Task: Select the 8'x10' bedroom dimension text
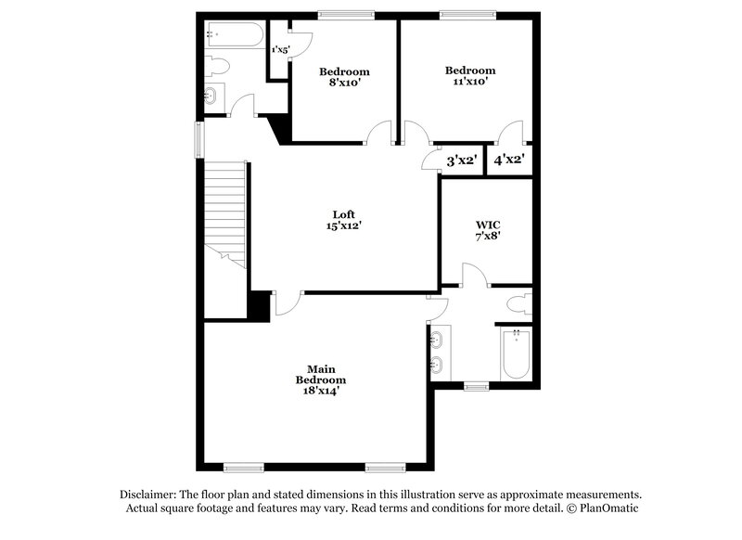(344, 82)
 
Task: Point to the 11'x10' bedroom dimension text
(468, 81)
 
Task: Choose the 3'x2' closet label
(462, 160)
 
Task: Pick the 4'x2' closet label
(509, 160)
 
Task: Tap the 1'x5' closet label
(279, 48)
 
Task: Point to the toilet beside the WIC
(520, 304)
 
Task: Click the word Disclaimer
(151, 495)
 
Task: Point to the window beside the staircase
(198, 140)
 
